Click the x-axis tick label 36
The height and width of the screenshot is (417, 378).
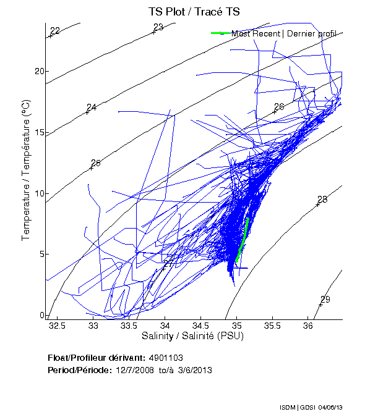click(x=308, y=326)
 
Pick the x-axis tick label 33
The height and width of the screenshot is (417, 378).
click(x=93, y=326)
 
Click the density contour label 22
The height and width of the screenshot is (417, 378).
click(x=55, y=31)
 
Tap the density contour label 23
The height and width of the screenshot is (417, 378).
click(x=158, y=27)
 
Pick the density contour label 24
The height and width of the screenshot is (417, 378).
click(x=92, y=107)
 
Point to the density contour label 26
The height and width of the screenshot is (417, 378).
click(x=279, y=107)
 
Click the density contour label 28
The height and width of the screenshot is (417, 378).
click(x=322, y=200)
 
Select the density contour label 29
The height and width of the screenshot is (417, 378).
click(x=325, y=300)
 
